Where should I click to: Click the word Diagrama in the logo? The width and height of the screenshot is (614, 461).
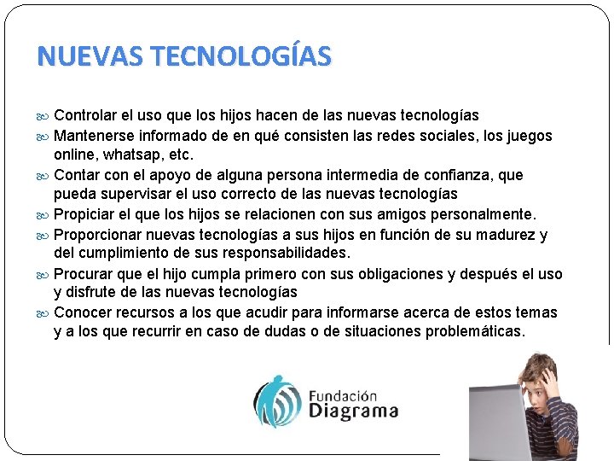tap(352, 411)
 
